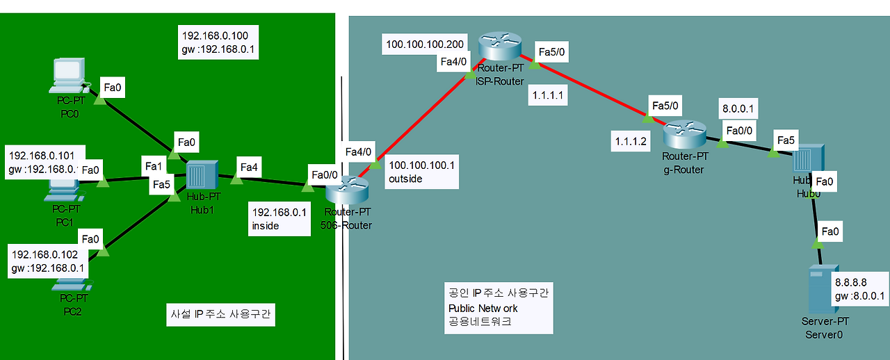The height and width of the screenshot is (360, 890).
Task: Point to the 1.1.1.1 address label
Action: [549, 95]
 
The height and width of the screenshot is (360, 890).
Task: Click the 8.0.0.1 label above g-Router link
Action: [739, 108]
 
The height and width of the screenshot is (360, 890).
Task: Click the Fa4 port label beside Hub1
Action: [249, 167]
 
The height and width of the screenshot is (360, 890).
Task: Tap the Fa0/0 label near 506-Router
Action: [325, 174]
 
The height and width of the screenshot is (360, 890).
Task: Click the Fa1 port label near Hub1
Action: [153, 166]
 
